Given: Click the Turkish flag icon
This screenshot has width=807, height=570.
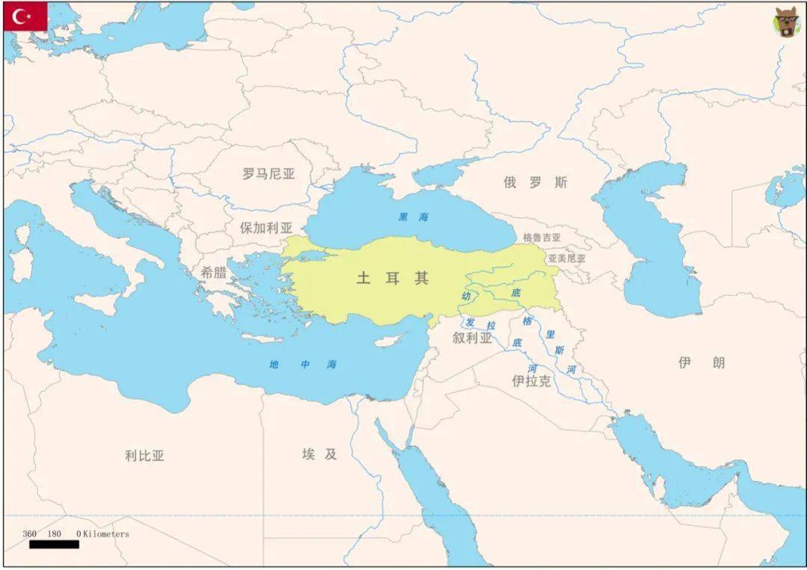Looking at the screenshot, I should [25, 16].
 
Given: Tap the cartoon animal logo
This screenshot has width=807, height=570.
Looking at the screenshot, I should [785, 23].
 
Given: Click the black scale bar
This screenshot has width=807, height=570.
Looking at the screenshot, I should [54, 545].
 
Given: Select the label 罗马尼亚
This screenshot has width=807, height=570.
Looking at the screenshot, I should [269, 174].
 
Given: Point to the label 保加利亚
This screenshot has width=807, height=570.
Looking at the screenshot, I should [266, 229].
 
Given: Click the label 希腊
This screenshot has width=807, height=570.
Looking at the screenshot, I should [213, 273].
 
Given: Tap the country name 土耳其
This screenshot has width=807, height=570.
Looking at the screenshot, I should [393, 278].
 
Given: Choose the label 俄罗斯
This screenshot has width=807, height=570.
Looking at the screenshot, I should [535, 182].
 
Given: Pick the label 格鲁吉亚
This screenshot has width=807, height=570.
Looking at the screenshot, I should [542, 238].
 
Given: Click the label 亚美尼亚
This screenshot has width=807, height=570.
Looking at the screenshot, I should [566, 258].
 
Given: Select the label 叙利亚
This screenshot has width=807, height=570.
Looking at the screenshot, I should [472, 338].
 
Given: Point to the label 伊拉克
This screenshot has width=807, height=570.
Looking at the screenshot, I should [531, 381].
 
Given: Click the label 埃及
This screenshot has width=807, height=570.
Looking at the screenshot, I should [320, 453].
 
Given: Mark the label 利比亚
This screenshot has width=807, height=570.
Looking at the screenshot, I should [145, 455].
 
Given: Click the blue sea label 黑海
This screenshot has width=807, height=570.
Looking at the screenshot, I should [413, 217].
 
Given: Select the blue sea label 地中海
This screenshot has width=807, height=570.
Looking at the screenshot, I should [303, 365].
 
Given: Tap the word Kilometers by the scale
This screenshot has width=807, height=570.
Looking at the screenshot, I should [106, 534].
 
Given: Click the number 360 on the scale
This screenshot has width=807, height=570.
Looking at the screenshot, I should [30, 534].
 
